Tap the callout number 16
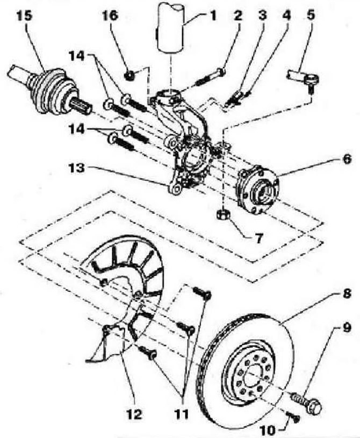pos(110,16)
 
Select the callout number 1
pos(213,16)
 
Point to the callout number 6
pos(346,159)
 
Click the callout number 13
pos(77,168)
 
